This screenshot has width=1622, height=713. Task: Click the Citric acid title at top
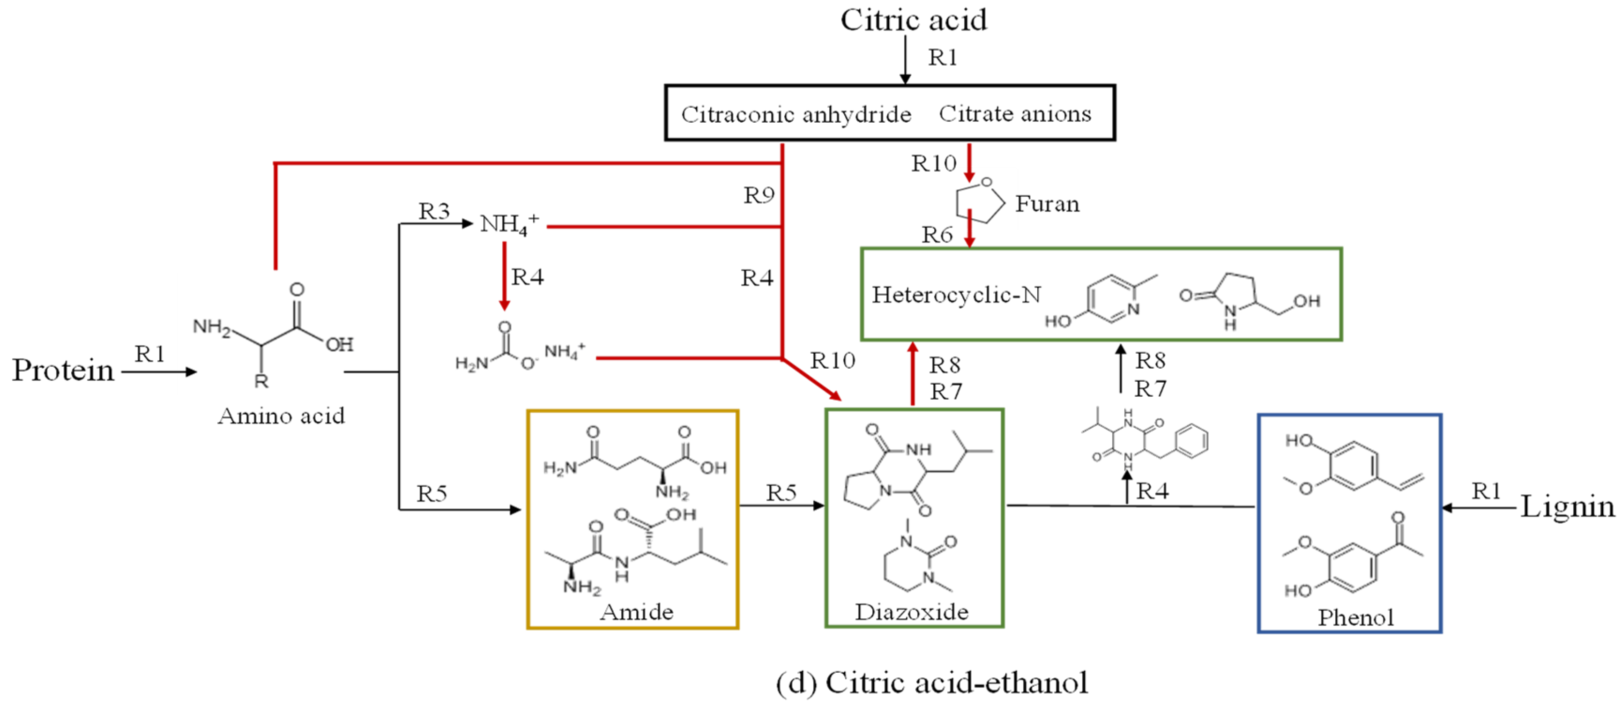click(913, 20)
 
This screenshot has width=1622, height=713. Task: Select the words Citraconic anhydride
click(796, 115)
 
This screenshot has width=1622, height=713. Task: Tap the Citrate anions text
click(1015, 114)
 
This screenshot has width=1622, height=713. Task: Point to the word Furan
click(1047, 204)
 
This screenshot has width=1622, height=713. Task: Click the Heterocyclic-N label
click(956, 295)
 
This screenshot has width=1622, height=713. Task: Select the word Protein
click(63, 371)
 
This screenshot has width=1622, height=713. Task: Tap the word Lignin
click(1567, 506)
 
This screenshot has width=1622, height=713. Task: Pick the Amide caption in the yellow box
click(636, 612)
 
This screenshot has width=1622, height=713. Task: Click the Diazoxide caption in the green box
click(911, 612)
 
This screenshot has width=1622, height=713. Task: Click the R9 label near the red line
click(758, 195)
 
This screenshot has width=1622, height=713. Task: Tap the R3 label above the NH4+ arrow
click(434, 212)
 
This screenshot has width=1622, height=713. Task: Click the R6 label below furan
click(937, 235)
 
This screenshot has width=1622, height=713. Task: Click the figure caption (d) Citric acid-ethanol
click(931, 683)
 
